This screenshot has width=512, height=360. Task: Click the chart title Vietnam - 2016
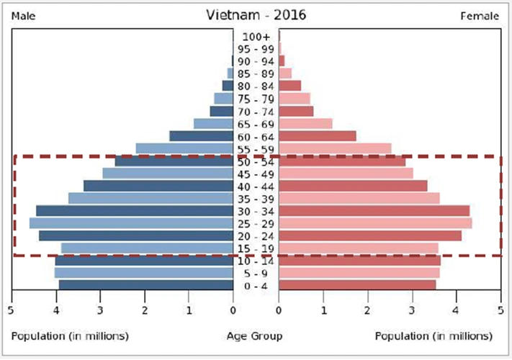[x=255, y=15]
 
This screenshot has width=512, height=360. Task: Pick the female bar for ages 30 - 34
[x=374, y=211]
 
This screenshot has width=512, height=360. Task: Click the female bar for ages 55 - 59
[x=335, y=149]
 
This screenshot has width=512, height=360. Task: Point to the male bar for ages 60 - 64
[x=201, y=136]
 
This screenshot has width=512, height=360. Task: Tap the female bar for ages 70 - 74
[x=296, y=112]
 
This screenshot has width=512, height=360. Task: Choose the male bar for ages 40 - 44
[x=158, y=186]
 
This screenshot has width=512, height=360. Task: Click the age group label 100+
[x=256, y=37]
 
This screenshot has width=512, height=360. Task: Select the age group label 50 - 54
[x=256, y=161]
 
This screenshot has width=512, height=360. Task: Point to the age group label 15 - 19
[x=256, y=248]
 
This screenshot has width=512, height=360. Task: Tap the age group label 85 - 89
[x=256, y=73]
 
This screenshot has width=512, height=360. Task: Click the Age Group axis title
[x=254, y=336]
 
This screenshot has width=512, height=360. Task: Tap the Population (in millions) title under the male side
[x=70, y=336]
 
